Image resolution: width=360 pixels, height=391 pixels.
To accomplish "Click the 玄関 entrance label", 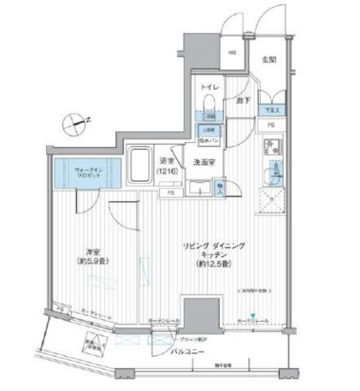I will click(268, 59).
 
